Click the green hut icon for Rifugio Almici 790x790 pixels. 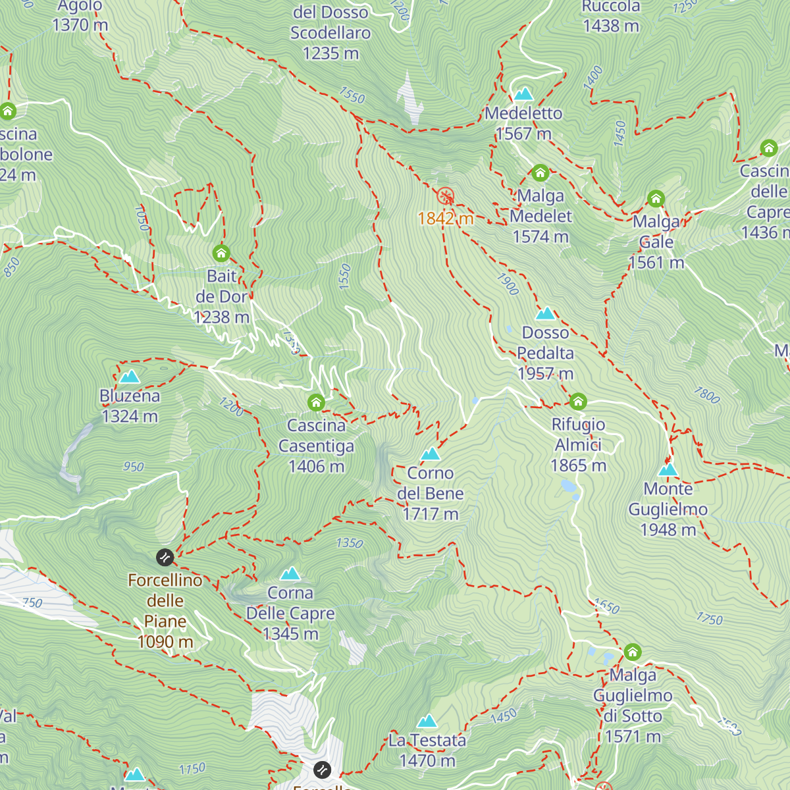pos(578,401)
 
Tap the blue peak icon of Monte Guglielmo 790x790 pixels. pos(668,469)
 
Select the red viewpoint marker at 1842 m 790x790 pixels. pos(446,196)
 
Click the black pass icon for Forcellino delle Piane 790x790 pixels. pos(165,558)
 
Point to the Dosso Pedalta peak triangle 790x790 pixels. pos(545,313)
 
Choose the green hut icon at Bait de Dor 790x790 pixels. pos(221,253)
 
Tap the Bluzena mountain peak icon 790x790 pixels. pos(130,377)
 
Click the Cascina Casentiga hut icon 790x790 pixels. pos(316,402)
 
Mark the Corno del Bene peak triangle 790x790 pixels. pos(430,454)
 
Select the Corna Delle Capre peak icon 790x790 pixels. pos(290,573)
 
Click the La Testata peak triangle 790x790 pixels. pos(427,721)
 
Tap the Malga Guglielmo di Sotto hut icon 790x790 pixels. pos(633,652)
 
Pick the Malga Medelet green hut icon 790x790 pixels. pos(540,173)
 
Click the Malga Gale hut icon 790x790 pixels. pos(656,198)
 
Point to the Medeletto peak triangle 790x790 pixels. pos(523,93)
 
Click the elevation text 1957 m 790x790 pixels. pos(545,374)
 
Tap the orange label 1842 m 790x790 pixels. pos(446,219)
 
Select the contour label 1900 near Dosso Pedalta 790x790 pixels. pos(508,284)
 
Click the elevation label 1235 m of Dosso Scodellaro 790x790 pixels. pos(330,53)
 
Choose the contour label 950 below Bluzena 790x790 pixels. pos(134,467)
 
